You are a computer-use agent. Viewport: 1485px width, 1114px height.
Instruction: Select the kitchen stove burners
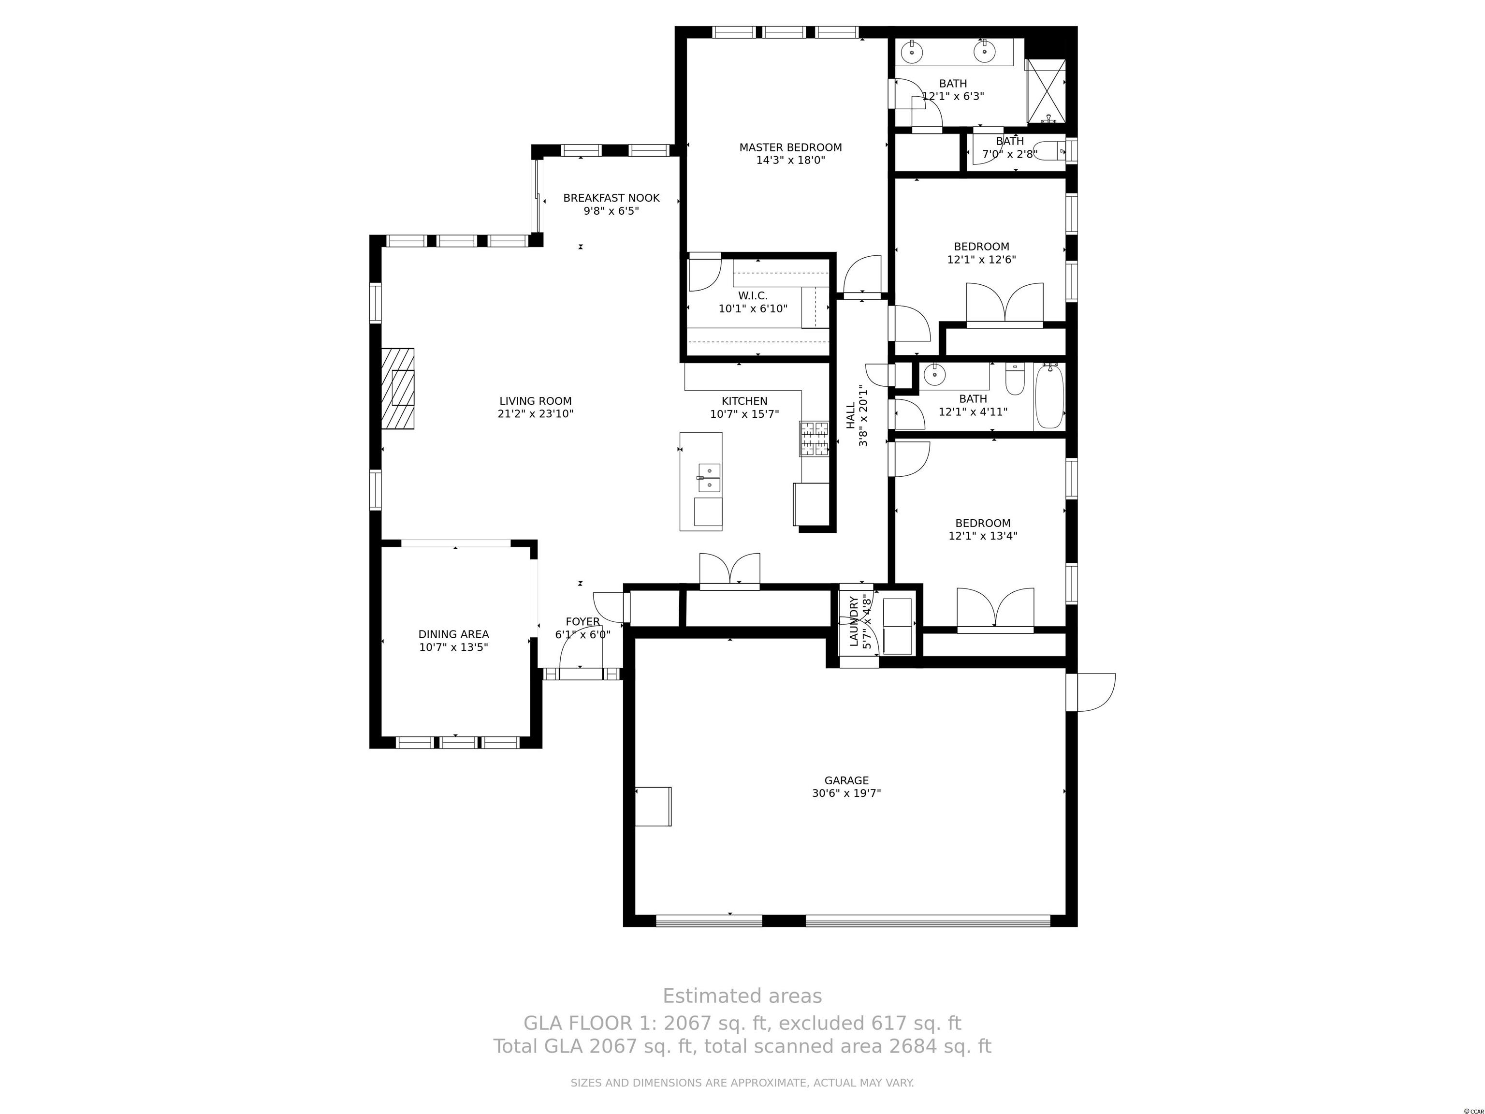(x=814, y=439)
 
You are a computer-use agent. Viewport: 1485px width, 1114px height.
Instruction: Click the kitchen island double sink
(x=709, y=477)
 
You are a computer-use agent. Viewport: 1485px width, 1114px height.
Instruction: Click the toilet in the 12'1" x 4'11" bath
(x=1014, y=379)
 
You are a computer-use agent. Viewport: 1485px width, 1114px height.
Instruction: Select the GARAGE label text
(x=846, y=780)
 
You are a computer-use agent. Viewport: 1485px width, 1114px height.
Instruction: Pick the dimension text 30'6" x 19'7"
(x=846, y=793)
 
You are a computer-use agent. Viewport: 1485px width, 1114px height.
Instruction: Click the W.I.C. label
(x=753, y=296)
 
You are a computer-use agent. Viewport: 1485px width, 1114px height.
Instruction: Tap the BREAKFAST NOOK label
(x=611, y=198)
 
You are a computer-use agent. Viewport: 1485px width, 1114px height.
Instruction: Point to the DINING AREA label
(x=454, y=634)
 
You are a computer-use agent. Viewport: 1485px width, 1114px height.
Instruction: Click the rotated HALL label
(x=851, y=416)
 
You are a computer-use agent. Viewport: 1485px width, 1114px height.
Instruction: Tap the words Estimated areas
(x=742, y=996)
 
